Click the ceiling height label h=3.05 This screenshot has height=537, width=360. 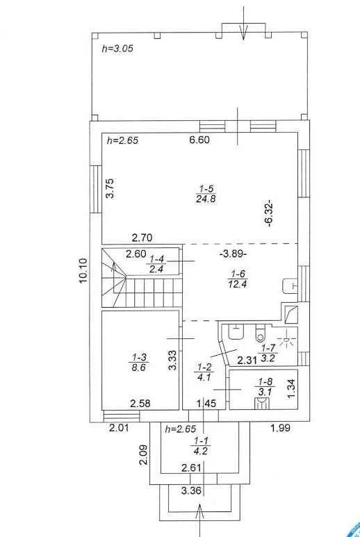pyautogui.click(x=117, y=49)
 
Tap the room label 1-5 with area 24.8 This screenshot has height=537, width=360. pyautogui.click(x=206, y=194)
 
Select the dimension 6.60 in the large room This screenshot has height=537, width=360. pyautogui.click(x=199, y=140)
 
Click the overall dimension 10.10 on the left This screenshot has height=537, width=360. pyautogui.click(x=83, y=270)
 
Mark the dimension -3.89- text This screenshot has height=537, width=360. pyautogui.click(x=234, y=254)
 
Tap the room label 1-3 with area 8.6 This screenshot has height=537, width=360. pyautogui.click(x=140, y=363)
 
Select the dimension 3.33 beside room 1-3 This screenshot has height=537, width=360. pyautogui.click(x=173, y=360)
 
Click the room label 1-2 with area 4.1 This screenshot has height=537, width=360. pyautogui.click(x=204, y=372)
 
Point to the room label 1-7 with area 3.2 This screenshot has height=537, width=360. pyautogui.click(x=268, y=354)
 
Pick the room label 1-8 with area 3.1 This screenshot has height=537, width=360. pyautogui.click(x=265, y=386)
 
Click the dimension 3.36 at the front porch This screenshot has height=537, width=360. pyautogui.click(x=191, y=490)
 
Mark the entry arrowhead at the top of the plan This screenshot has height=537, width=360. pyautogui.click(x=243, y=35)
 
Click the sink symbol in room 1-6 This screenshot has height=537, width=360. pyautogui.click(x=289, y=286)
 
